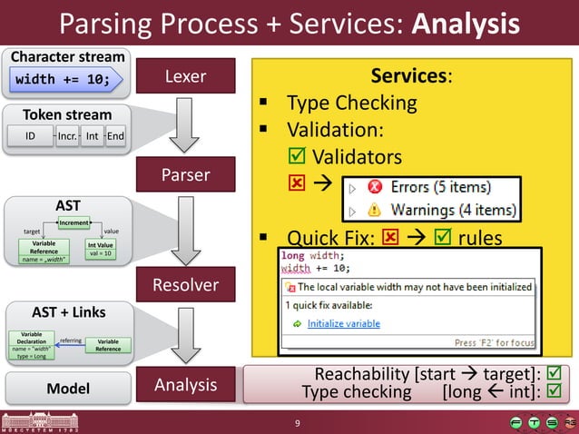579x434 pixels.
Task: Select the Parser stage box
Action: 185,173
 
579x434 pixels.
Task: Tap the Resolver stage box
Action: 185,285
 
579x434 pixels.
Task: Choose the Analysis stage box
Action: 185,385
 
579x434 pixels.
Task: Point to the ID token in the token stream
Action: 30,137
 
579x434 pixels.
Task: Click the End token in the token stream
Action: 115,137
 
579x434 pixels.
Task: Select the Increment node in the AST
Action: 74,222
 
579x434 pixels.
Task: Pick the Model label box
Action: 67,389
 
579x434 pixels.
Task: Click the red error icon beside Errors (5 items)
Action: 375,188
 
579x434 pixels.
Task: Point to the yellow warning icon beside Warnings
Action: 375,212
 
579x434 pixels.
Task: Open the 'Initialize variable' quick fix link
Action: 343,323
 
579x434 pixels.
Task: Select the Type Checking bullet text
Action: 351,103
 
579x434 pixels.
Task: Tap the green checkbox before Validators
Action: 297,157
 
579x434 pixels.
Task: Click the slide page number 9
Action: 296,423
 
